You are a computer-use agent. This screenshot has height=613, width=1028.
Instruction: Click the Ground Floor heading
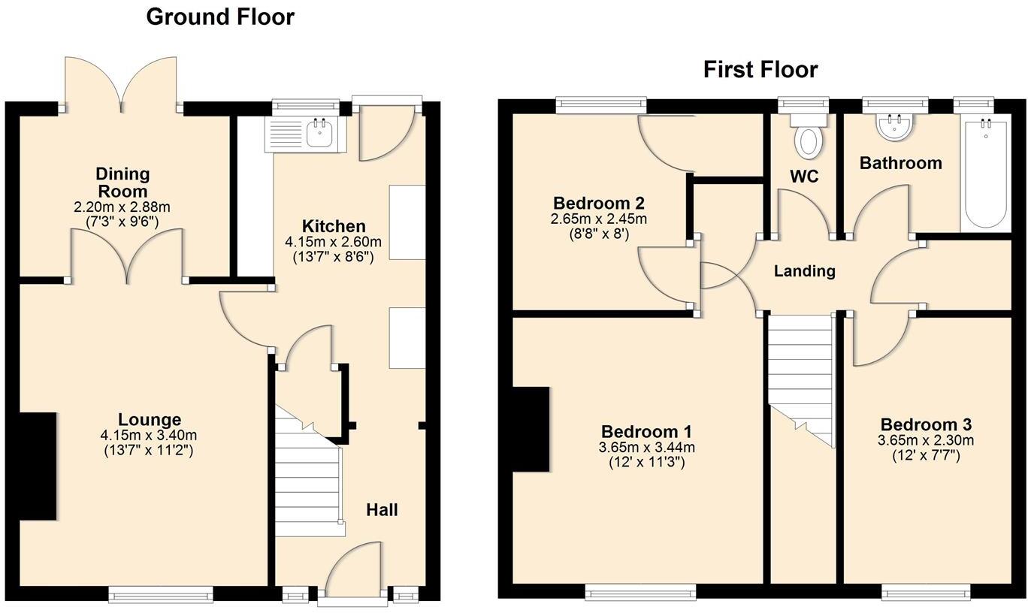pos(219,17)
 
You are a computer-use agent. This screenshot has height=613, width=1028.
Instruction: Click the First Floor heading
pos(760,70)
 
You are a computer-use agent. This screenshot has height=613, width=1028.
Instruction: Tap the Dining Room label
pos(122,182)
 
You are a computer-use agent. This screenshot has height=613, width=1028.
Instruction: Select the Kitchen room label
pos(333,226)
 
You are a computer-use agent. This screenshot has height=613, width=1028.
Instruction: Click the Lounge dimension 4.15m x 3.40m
pos(149,436)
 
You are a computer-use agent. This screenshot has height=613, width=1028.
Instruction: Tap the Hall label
pos(382,510)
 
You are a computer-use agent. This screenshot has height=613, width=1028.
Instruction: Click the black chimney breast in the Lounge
pos(38,466)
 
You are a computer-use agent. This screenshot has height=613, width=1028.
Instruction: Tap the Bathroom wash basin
pos(894,127)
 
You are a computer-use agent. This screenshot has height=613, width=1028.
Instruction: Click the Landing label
pos(804,271)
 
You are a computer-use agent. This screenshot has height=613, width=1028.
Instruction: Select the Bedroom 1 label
pos(646,432)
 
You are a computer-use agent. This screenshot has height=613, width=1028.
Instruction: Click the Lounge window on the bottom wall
pos(161,594)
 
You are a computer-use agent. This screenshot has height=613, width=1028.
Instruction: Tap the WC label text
pos(803,177)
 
